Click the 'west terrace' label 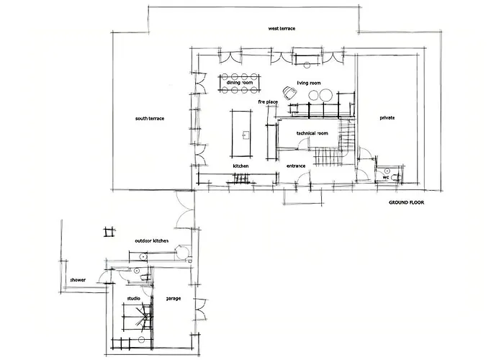coord(282,29)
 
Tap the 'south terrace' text coord(150,119)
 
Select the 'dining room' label coord(240,83)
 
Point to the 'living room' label coord(309,83)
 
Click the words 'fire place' coord(268,102)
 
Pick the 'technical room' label coord(312,133)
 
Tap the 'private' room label coord(387,118)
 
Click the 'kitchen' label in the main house coord(240,166)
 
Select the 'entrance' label coord(296,166)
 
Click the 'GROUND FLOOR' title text coord(406,202)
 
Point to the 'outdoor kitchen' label coord(151,240)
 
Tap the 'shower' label coord(78,280)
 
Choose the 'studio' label coord(133,299)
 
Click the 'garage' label coord(174,299)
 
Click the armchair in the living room coord(290,92)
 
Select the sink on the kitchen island coord(246,134)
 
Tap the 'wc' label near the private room coord(386,177)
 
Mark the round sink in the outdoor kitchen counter coord(143,256)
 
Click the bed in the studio coord(137,317)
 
